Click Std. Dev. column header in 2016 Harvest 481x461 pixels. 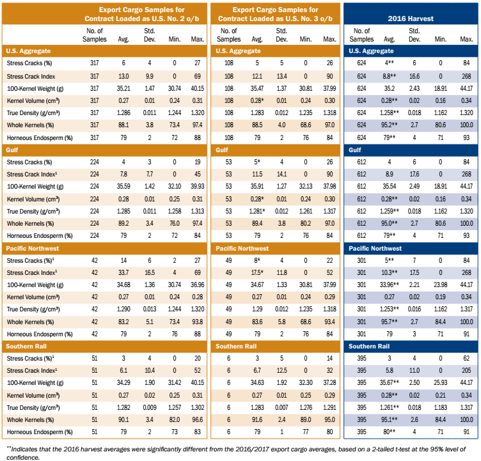pyautogui.click(x=414, y=35)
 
